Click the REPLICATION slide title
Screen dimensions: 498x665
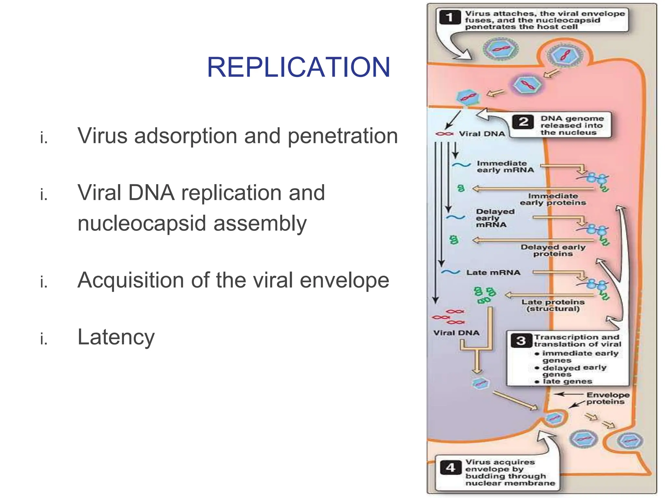point(298,67)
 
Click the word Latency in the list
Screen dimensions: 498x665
point(116,337)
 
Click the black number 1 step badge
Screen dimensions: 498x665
point(450,17)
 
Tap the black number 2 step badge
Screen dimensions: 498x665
point(523,122)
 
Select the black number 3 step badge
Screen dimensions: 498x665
point(521,340)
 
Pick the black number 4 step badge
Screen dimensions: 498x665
point(451,468)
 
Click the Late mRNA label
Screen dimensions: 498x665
point(493,273)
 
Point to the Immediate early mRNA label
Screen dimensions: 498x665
point(505,167)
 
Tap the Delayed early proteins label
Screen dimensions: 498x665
point(553,250)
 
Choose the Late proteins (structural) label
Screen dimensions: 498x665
point(553,305)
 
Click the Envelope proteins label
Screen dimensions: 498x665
point(608,398)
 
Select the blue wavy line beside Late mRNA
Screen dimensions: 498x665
point(450,272)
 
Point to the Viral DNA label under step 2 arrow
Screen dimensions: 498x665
point(482,134)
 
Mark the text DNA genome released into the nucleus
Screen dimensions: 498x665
point(571,125)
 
